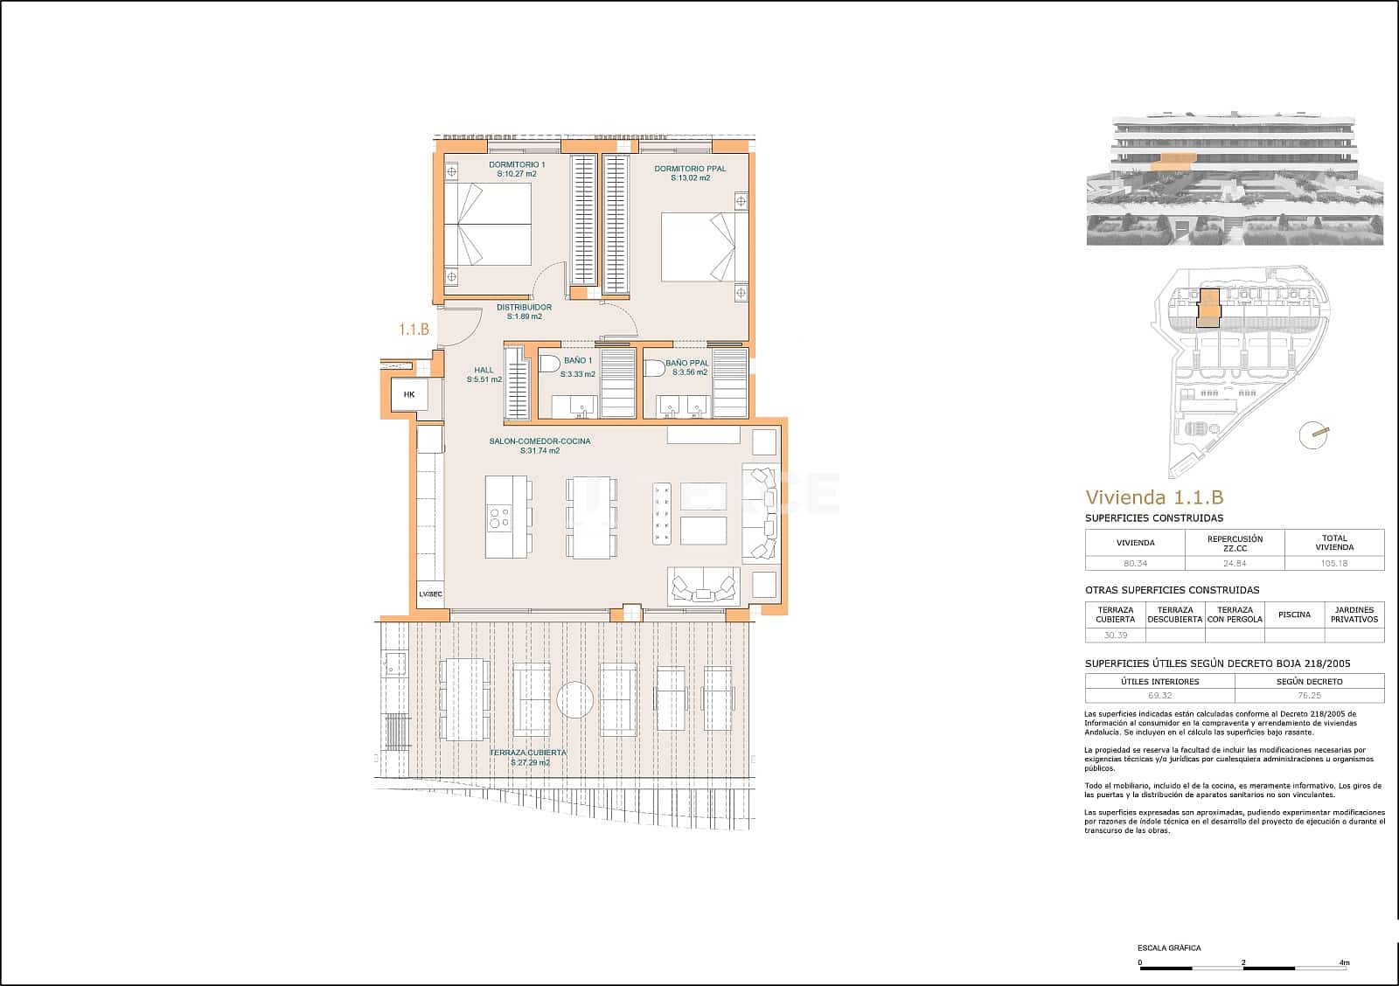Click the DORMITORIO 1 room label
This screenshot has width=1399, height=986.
(517, 164)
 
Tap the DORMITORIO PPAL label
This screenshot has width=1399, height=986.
(690, 169)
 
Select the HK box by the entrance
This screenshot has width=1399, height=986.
(409, 395)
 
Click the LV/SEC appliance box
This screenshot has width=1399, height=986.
(430, 594)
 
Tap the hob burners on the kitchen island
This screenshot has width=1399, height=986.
(499, 517)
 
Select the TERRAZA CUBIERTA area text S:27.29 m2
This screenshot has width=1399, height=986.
(530, 762)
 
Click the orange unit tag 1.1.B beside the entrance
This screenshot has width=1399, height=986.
(414, 330)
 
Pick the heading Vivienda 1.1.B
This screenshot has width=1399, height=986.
(1153, 497)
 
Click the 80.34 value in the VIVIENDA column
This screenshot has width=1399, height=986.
(1135, 564)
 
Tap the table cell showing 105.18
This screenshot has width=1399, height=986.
(1334, 564)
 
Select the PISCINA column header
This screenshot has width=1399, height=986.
(1294, 615)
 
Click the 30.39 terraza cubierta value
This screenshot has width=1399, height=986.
(1115, 635)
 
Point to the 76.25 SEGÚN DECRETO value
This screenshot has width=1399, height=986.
(1309, 696)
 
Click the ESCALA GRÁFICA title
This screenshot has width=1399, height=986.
(1168, 948)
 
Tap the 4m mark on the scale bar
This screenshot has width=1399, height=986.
(1344, 963)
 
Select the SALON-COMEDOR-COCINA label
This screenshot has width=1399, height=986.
(539, 441)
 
